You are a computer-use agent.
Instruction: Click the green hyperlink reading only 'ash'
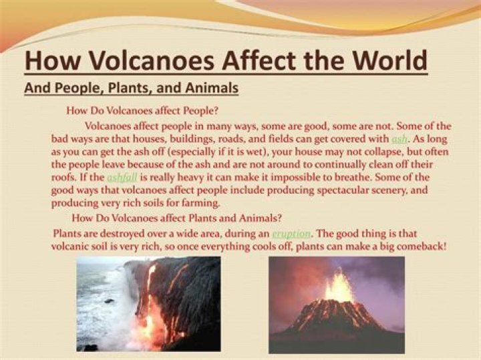[399, 139]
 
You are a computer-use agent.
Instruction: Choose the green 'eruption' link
[291, 233]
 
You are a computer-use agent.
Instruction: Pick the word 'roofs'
[65, 177]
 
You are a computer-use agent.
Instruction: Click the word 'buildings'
[172, 139]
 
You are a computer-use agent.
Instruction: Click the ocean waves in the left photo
[100, 307]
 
